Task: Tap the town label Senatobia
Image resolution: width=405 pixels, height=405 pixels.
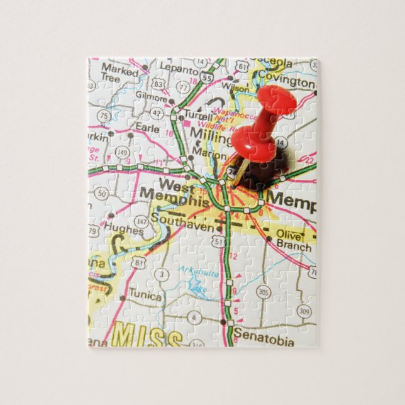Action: coord(264,342)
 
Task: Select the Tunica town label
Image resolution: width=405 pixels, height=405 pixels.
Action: coord(145,296)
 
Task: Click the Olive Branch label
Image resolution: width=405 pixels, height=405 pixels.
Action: coord(293,240)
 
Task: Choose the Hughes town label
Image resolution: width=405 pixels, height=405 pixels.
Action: coord(125,230)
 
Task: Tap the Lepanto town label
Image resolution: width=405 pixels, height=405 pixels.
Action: coord(175,66)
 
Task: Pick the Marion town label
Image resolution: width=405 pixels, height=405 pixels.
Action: coord(209,153)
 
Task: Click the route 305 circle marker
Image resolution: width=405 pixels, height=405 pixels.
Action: coord(264,292)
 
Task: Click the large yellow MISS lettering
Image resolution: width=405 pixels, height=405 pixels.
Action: coord(152,338)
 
